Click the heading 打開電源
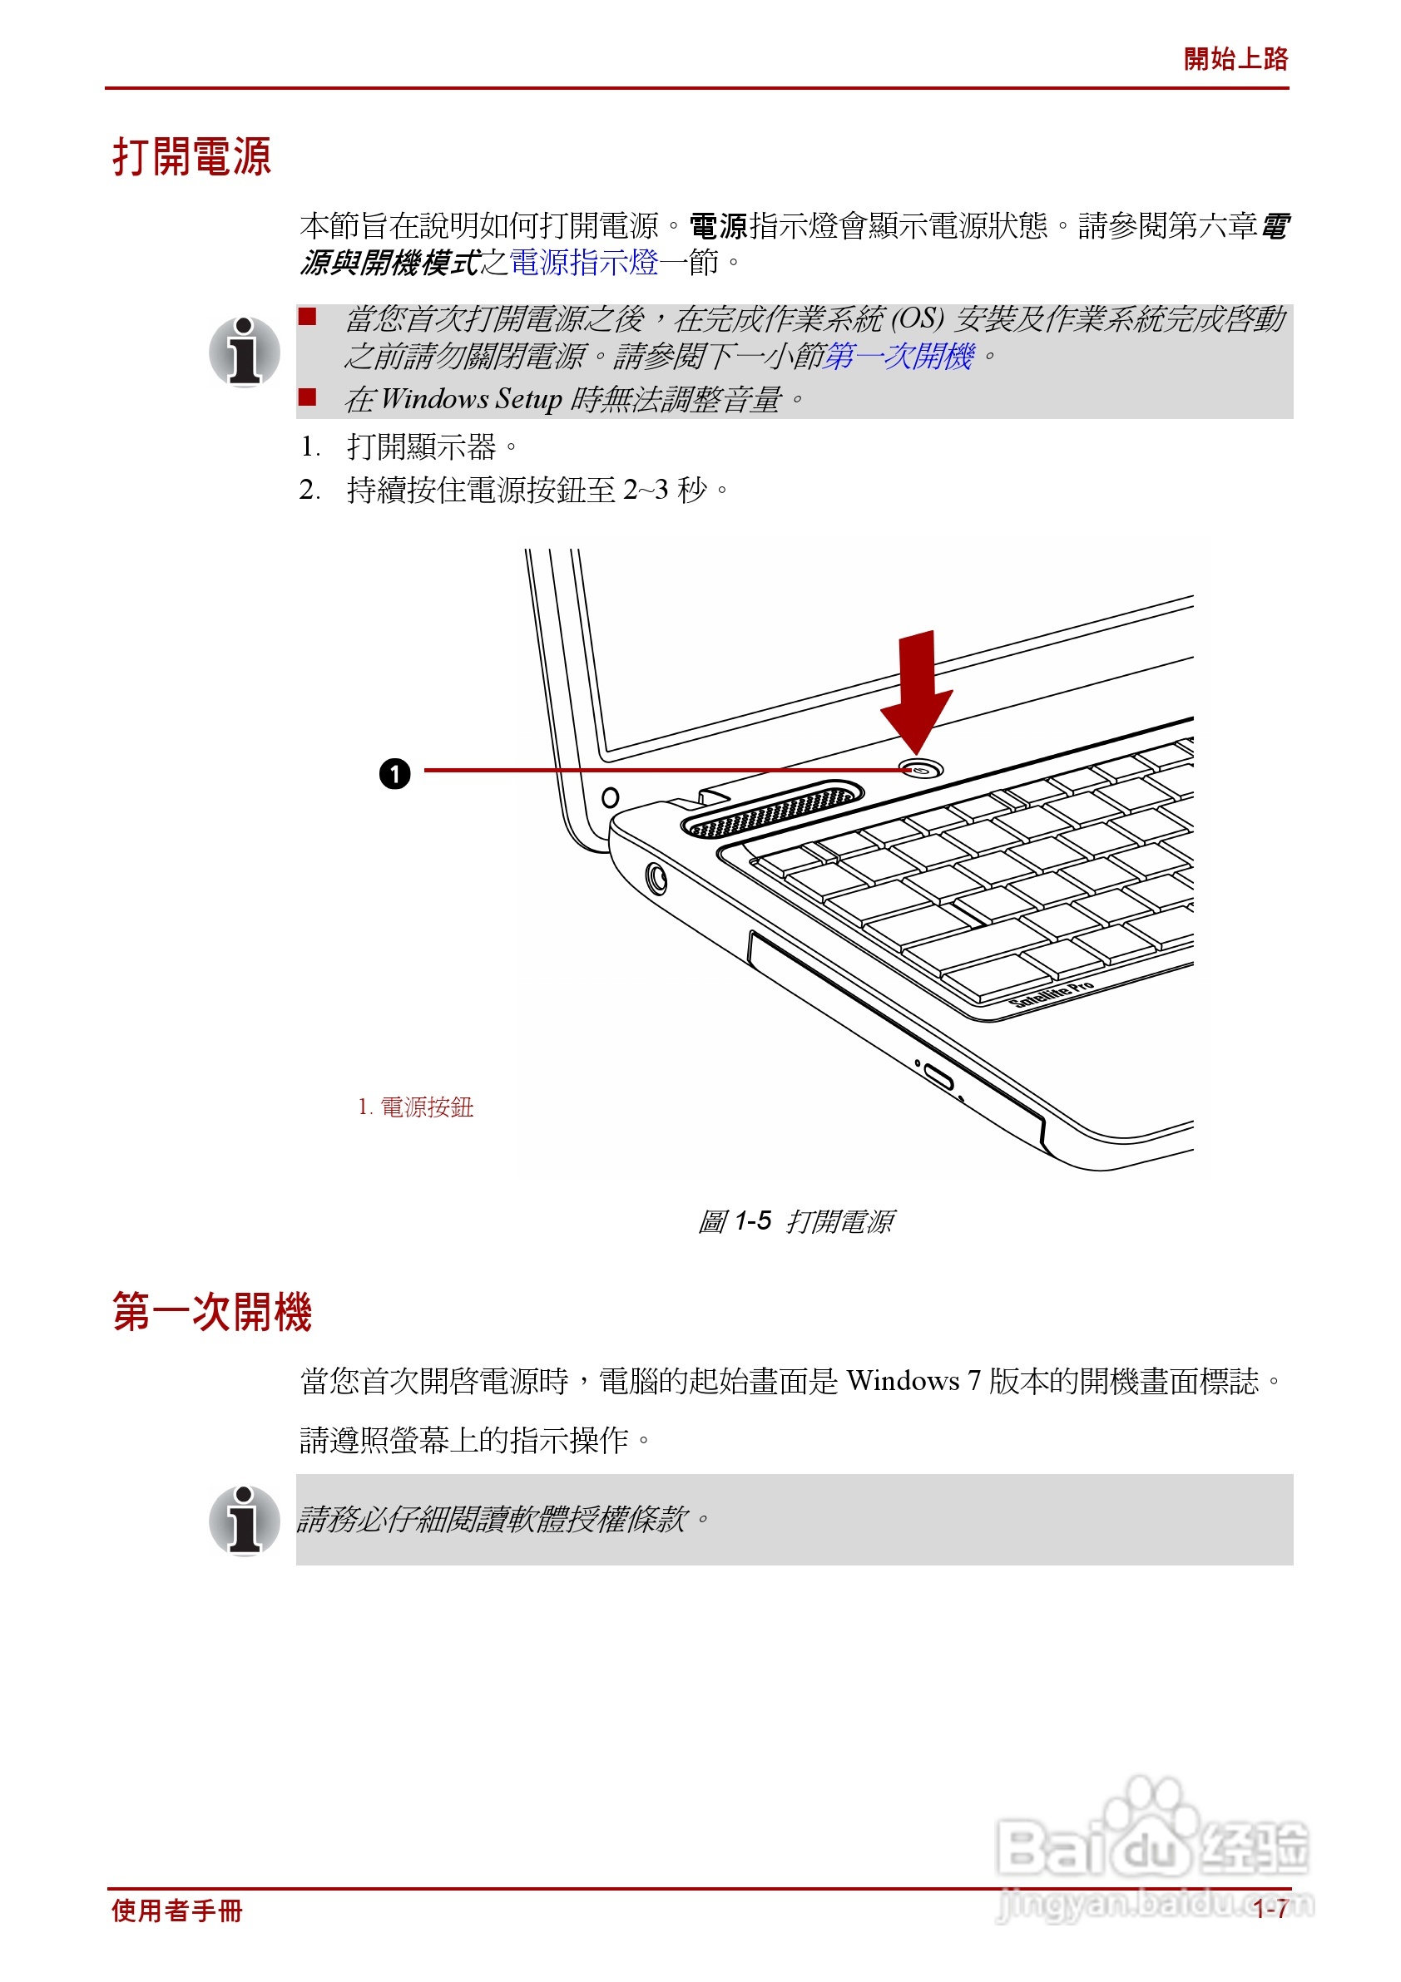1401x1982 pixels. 191,157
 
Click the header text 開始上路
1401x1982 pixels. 1235,59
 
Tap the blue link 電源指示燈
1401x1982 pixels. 584,263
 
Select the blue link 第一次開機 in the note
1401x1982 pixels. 899,357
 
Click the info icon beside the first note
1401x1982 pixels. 245,352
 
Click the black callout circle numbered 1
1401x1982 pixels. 394,773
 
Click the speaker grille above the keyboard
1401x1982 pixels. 772,810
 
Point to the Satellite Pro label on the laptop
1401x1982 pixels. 1052,994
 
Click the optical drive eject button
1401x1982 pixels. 939,1077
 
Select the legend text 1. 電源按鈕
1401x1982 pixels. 415,1107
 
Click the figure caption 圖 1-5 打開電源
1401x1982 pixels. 795,1220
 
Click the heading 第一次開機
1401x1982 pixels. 211,1311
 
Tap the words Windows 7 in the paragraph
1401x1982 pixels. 913,1381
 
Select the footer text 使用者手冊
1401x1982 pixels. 177,1911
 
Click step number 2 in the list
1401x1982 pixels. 309,491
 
